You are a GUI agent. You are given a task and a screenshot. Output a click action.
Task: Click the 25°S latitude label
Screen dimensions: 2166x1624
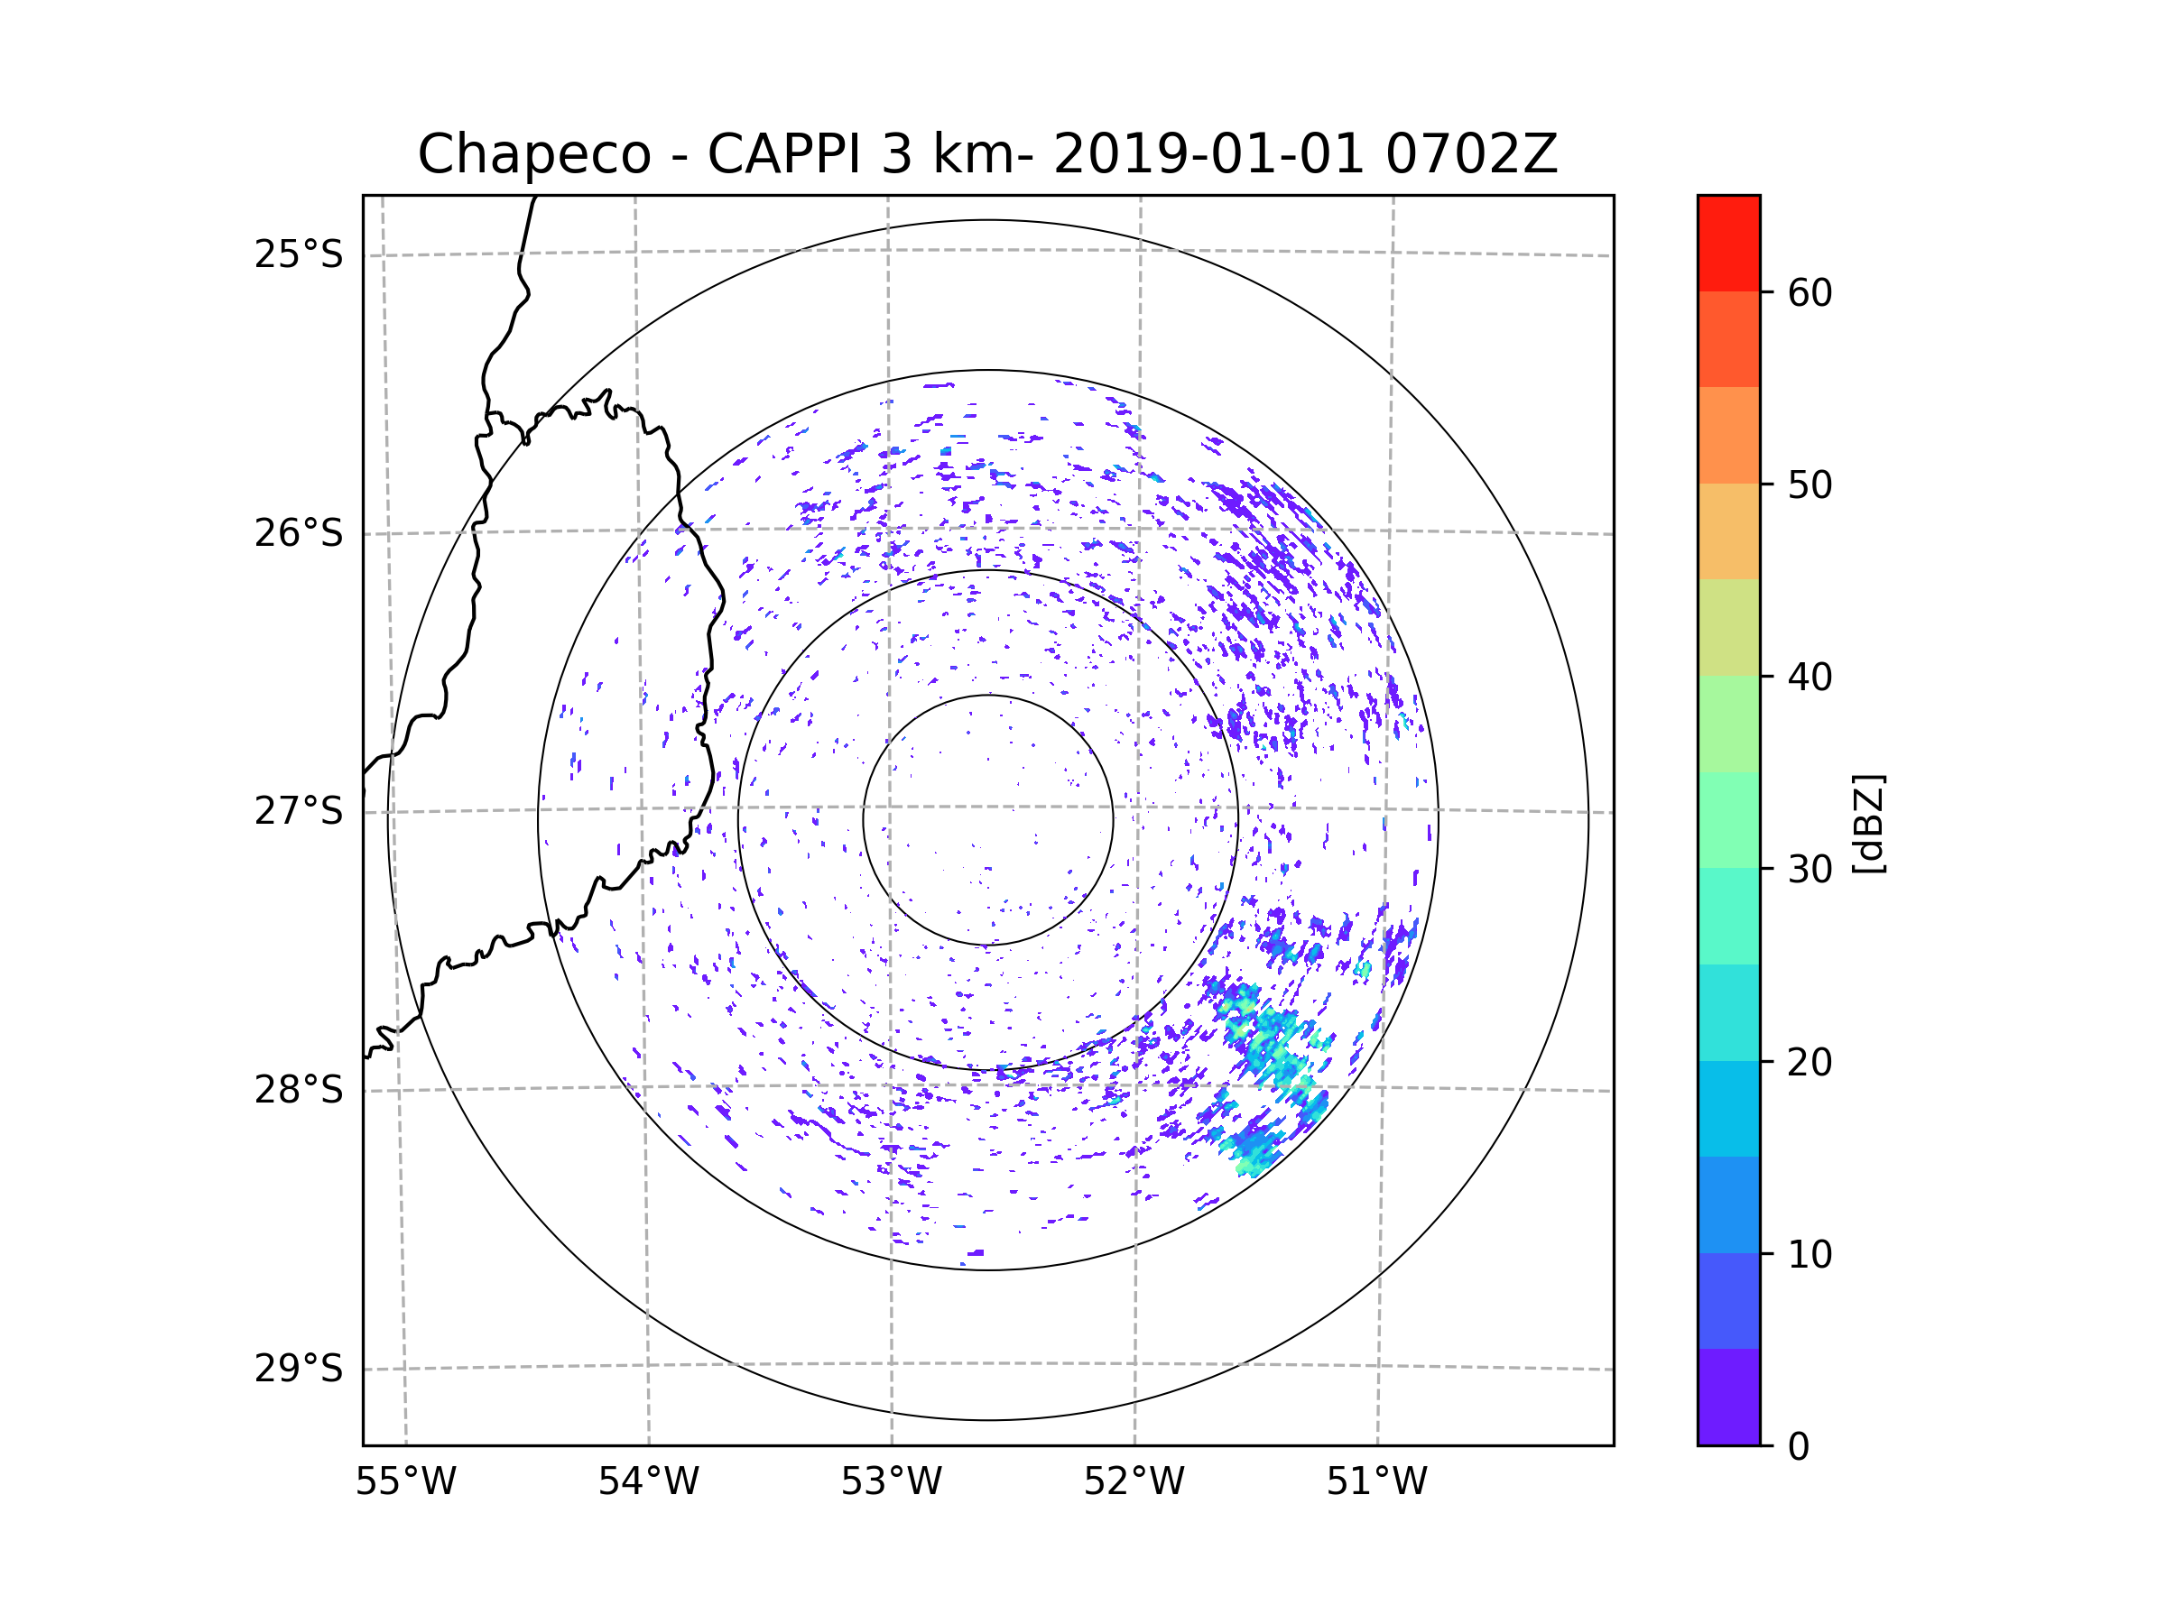point(299,254)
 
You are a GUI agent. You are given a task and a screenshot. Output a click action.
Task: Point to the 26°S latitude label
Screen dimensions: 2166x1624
point(299,533)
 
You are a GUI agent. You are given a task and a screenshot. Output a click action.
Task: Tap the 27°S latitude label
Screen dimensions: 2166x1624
point(299,811)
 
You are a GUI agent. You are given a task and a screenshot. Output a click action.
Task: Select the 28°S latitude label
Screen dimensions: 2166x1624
point(299,1090)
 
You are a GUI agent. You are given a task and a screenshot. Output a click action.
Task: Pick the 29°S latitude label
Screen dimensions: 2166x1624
point(299,1369)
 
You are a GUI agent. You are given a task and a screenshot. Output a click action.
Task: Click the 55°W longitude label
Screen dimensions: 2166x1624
point(405,1482)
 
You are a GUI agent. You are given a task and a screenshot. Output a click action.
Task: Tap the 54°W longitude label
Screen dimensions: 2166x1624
point(648,1482)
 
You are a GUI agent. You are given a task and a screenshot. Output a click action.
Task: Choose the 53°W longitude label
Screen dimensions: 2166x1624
point(891,1482)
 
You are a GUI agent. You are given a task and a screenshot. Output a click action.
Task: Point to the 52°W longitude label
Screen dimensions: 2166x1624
point(1134,1482)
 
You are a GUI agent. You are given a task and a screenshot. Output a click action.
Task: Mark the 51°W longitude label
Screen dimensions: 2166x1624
point(1376,1482)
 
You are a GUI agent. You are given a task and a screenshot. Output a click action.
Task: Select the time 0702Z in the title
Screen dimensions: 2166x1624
point(1471,154)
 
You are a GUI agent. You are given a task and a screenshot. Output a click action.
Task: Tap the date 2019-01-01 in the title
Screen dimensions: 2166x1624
point(1208,154)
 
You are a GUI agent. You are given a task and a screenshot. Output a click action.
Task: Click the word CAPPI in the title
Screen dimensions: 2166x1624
point(783,154)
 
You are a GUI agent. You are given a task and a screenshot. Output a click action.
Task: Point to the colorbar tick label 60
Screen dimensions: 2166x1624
point(1810,292)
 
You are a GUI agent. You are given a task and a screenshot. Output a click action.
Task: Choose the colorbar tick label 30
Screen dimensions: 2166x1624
point(1810,869)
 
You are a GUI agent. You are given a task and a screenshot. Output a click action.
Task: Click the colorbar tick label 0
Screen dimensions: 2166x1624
point(1799,1447)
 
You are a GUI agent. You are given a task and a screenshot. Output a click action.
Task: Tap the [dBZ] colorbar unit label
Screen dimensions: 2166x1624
point(1868,823)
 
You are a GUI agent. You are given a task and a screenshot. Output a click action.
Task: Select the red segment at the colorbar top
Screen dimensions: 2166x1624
point(1728,244)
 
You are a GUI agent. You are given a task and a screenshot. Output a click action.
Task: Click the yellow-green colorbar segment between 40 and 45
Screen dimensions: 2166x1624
point(1728,627)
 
